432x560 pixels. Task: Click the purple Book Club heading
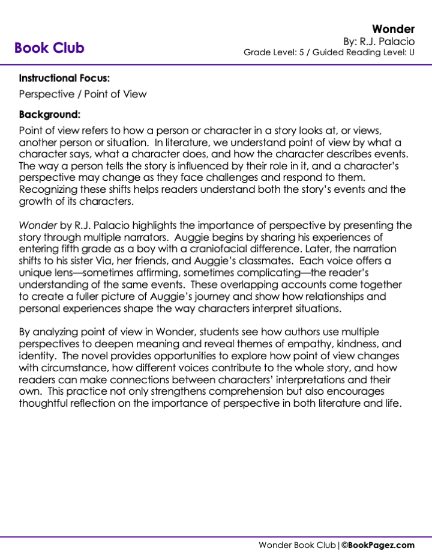click(49, 48)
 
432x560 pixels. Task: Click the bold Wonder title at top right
click(394, 29)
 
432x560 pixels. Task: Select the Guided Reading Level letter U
click(412, 52)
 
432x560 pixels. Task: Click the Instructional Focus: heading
click(64, 78)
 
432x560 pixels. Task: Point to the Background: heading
click(50, 114)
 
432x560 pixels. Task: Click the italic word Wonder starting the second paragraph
click(38, 226)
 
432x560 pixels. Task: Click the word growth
click(35, 201)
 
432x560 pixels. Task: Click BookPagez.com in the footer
click(382, 545)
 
